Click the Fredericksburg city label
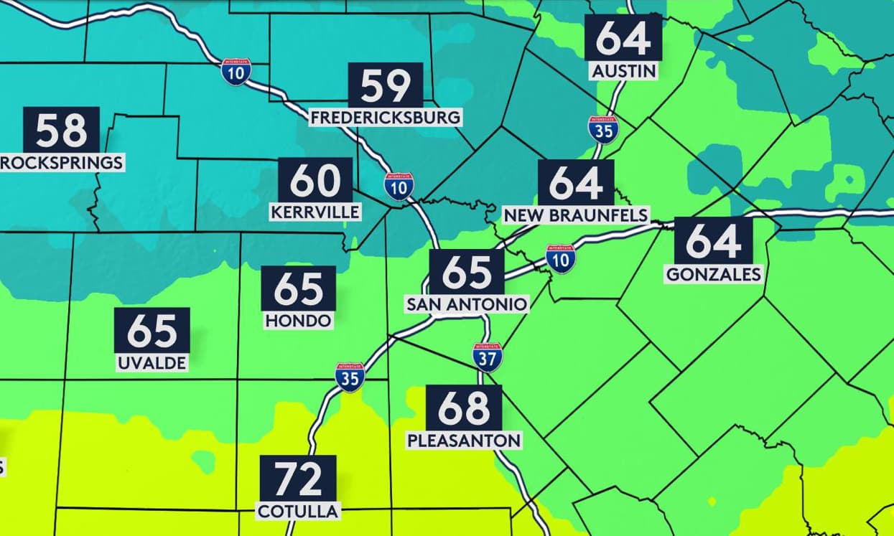[386, 117]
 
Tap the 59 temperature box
[386, 85]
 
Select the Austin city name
[623, 71]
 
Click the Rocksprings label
[61, 163]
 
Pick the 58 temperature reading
[61, 131]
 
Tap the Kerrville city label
[315, 212]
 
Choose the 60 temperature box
[315, 180]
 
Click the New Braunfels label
[576, 215]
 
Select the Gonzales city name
[713, 274]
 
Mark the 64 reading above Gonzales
[713, 241]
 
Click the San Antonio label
[467, 304]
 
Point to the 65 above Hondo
[299, 288]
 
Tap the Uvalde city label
[152, 362]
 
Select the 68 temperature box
[464, 408]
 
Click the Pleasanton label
[464, 440]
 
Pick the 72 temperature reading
[299, 479]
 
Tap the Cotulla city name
[299, 511]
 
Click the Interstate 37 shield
[487, 357]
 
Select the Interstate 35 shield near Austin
[602, 129]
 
